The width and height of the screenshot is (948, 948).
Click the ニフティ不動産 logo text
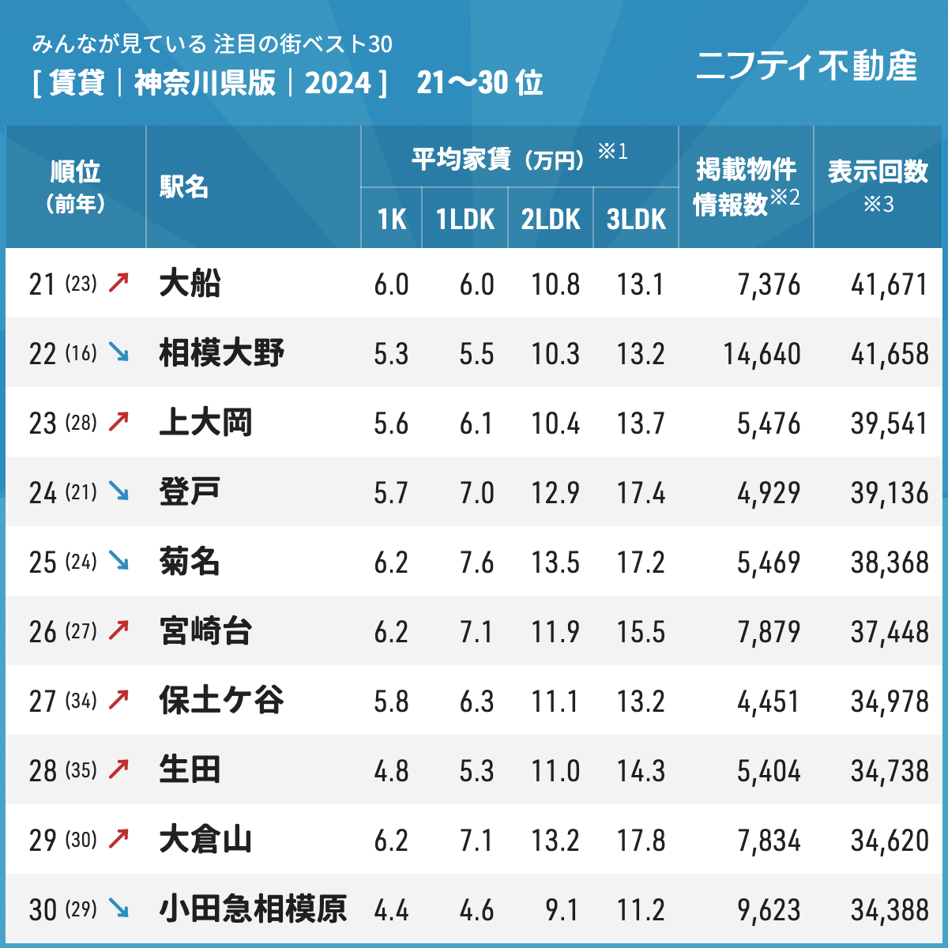coord(806,66)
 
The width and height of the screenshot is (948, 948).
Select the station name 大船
coord(190,284)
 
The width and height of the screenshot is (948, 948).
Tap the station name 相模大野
coord(221,353)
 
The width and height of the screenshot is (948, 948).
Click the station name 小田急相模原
coord(253,909)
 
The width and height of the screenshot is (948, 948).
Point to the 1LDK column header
coord(465,220)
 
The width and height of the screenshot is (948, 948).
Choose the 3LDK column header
coord(636,220)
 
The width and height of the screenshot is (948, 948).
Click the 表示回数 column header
coord(878,172)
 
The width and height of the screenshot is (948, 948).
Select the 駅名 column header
coord(184,187)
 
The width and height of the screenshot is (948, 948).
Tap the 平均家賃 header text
coord(461,159)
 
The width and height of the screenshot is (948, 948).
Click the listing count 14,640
coord(762,354)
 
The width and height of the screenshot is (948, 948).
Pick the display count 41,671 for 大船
coord(889,284)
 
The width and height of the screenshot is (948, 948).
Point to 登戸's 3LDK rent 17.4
coord(641,493)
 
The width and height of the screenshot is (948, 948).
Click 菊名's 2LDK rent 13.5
coord(555,562)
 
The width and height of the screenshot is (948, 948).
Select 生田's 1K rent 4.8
coord(391,771)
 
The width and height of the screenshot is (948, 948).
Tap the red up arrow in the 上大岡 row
coord(118,423)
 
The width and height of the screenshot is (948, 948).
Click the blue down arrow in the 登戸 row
coord(118,492)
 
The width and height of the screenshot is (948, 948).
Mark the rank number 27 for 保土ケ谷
coord(43,702)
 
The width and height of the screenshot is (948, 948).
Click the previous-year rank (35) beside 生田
coord(81,770)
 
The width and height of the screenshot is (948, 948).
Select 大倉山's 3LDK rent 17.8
coord(641,841)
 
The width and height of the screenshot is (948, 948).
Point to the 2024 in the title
coord(338,83)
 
